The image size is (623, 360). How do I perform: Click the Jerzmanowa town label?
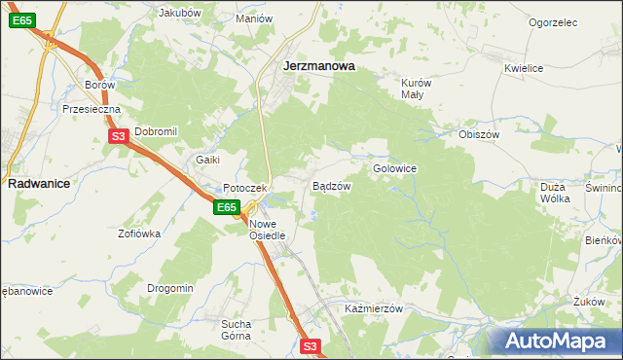pos(317,66)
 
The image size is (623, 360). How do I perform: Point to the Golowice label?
pos(394,168)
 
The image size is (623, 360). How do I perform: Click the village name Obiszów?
pos(478,133)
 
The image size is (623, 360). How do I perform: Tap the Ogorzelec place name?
pos(553,22)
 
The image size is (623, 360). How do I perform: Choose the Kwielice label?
pos(523,68)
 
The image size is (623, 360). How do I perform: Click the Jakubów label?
pos(179,14)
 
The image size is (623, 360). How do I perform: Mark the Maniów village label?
pos(253,18)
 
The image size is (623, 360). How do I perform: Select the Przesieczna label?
pos(91,110)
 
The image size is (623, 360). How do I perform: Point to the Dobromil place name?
pos(155,131)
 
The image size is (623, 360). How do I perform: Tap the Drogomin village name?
pos(170,288)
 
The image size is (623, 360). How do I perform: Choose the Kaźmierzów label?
pos(374,307)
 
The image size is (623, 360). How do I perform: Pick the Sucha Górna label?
pos(236,329)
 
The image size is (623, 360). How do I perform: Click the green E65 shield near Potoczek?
pos(227,207)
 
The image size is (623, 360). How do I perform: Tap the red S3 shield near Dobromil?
pos(118,137)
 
